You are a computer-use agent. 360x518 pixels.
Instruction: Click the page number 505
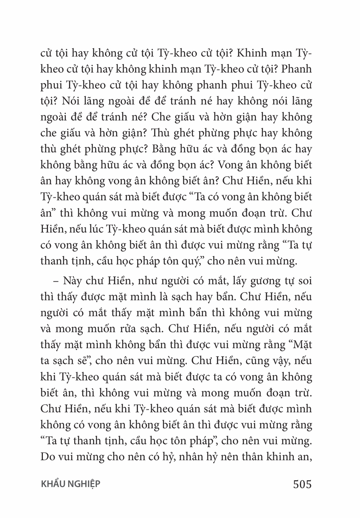click(x=302, y=484)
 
